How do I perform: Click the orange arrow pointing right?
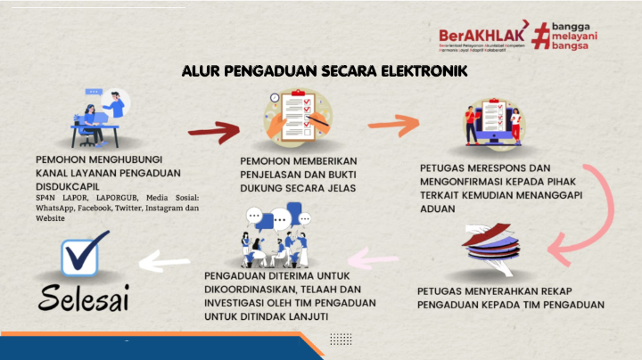click(392, 126)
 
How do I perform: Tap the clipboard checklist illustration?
click(292, 121)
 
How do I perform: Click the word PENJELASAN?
click(274, 175)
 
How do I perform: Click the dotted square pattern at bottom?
click(341, 339)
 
